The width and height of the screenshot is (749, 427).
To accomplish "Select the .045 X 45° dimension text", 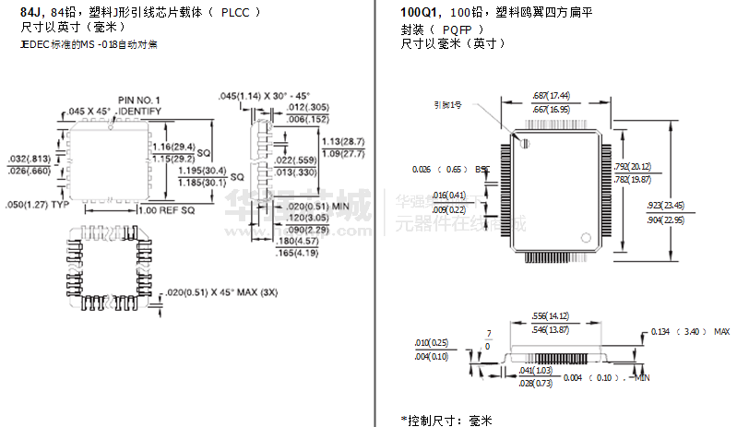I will point(89,112).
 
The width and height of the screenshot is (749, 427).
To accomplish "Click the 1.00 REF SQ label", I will point(166,210).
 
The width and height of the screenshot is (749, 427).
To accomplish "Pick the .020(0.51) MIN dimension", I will point(317,206).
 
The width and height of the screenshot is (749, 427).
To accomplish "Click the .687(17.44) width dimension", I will point(552,95).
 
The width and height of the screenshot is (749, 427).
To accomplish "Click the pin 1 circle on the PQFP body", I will point(524,143).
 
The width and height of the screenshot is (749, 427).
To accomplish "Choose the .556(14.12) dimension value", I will point(551,315).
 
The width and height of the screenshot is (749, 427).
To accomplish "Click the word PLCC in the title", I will point(235,14).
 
